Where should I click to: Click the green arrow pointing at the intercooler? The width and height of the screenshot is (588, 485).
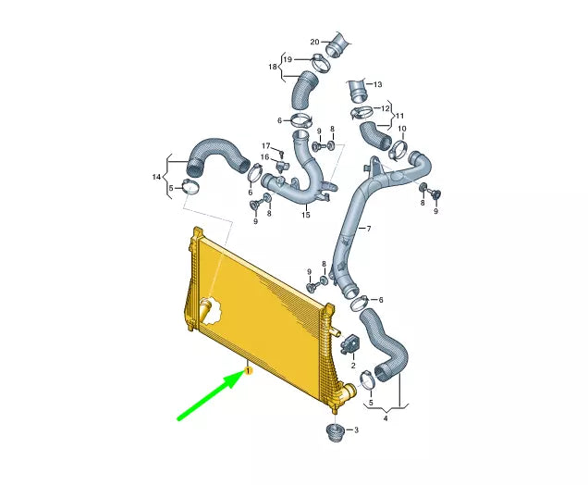(x=211, y=395)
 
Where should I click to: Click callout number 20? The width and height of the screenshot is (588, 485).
(x=314, y=42)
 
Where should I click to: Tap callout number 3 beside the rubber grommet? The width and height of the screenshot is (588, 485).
(x=356, y=429)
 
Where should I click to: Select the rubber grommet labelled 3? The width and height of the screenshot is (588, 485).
(x=335, y=433)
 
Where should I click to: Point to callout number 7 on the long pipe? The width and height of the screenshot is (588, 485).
(x=369, y=229)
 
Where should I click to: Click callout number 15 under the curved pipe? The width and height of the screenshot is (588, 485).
(x=306, y=215)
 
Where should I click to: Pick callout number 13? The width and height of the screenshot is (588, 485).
(x=377, y=84)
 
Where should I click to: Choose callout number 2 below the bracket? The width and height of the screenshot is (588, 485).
(x=353, y=366)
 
